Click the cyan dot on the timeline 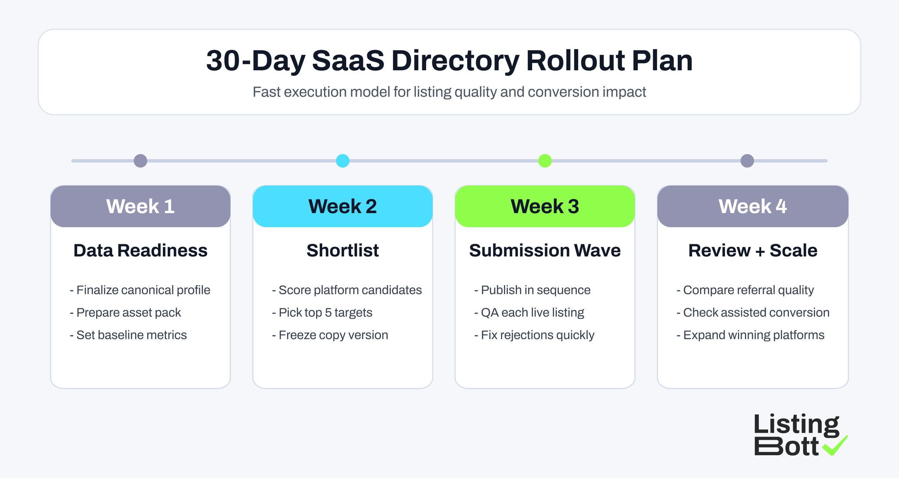[342, 161]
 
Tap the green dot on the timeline [545, 161]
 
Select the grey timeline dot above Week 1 [140, 161]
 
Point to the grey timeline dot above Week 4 [747, 161]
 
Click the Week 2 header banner [342, 206]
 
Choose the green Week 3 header [545, 206]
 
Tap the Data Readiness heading [140, 250]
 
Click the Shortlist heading [342, 250]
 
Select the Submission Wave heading [545, 250]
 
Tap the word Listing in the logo [796, 425]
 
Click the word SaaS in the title [348, 61]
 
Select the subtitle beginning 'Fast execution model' [449, 92]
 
